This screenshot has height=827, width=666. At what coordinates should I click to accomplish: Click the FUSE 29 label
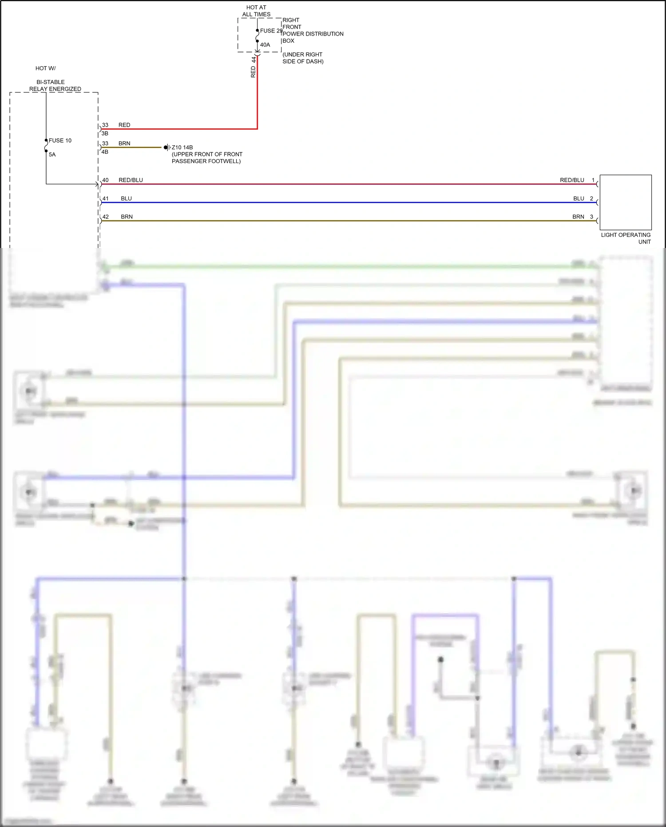271,31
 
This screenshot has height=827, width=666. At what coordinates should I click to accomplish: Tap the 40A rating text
265,45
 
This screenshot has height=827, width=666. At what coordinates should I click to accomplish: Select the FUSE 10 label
60,140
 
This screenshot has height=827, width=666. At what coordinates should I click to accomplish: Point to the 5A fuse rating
52,155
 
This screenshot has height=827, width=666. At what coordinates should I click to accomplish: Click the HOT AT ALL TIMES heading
256,11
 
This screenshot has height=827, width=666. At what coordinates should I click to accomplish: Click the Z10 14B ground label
182,148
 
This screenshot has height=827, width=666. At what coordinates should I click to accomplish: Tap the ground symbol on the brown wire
166,148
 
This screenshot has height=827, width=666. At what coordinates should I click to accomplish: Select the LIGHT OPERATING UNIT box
625,202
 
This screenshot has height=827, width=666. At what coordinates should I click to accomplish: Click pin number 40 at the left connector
105,180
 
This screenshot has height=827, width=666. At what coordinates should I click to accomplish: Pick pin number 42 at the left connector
105,217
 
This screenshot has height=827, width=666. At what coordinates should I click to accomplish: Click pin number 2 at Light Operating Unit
591,199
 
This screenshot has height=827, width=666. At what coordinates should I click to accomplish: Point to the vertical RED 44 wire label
254,67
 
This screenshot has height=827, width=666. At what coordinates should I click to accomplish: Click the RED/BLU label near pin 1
572,180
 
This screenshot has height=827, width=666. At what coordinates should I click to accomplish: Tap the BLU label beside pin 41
126,199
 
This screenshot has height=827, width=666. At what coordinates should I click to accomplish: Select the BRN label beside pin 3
578,217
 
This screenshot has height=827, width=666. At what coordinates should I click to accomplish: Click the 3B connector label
105,133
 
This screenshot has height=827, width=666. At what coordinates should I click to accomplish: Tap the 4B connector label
105,152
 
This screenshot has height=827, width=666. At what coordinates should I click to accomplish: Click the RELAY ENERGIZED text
55,89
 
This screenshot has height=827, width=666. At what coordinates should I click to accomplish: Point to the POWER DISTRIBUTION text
313,34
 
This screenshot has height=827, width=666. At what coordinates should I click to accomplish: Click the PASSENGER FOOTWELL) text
206,161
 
